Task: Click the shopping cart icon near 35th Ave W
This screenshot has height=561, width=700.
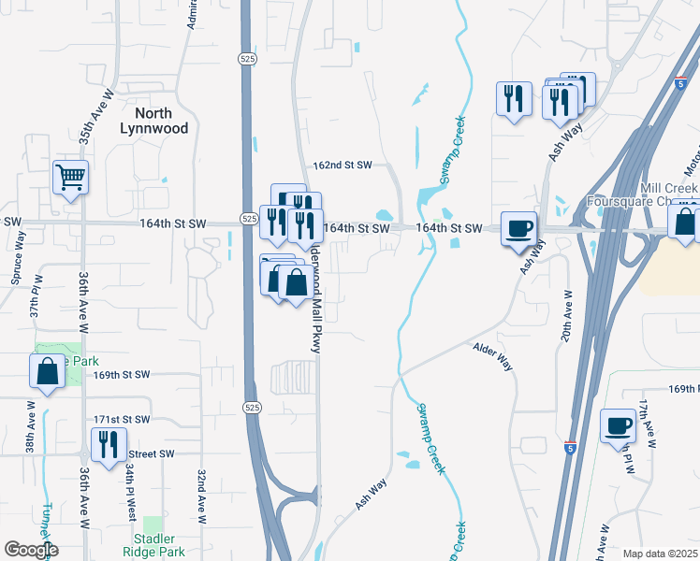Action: (71, 176)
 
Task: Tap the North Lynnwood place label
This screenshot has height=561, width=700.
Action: (154, 120)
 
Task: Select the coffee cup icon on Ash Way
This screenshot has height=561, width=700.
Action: (518, 227)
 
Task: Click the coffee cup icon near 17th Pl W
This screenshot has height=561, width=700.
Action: (617, 425)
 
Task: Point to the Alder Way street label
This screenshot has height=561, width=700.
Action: (493, 355)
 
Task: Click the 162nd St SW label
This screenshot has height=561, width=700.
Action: (343, 165)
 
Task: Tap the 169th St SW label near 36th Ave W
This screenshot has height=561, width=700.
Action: (122, 375)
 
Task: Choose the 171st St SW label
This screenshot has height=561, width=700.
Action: (122, 421)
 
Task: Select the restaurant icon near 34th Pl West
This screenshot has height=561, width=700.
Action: (109, 444)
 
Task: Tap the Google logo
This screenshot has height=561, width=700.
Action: (30, 550)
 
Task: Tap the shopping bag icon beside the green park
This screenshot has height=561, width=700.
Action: (47, 371)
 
